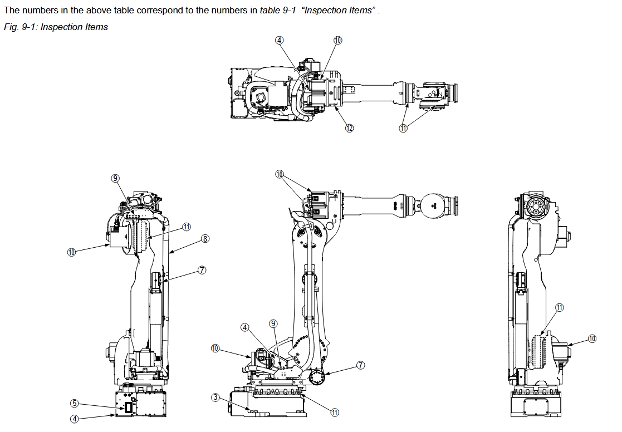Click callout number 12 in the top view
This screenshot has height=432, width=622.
349,129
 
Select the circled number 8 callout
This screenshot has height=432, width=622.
205,239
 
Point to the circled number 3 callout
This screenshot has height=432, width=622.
215,397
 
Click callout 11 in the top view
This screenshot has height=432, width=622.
403,129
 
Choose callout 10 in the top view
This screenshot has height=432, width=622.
337,40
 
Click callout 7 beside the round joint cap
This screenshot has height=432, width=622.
360,365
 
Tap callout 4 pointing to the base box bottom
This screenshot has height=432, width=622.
74,419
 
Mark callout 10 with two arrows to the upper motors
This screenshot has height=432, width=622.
280,174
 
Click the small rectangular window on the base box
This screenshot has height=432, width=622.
129,408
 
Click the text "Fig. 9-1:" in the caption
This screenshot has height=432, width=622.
20,27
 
